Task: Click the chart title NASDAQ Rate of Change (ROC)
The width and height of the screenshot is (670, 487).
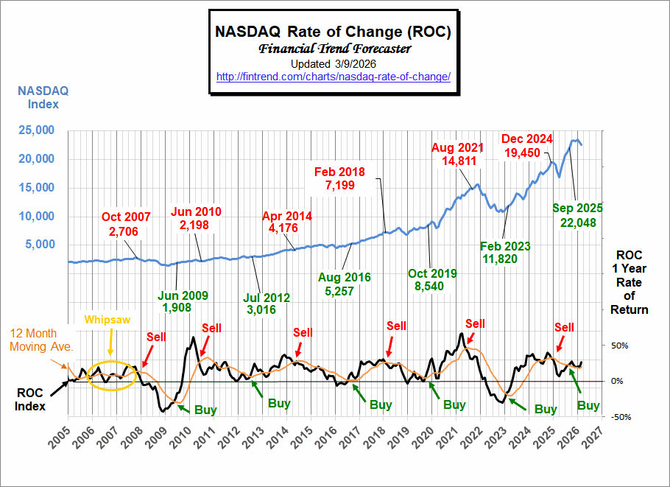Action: pyautogui.click(x=333, y=32)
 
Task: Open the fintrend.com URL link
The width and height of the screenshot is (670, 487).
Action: pyautogui.click(x=333, y=77)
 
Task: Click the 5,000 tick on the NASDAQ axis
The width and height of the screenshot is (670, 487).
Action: pyautogui.click(x=41, y=245)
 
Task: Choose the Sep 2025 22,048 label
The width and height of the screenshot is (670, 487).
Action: pyautogui.click(x=578, y=215)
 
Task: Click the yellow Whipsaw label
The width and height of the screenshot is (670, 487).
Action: pyautogui.click(x=107, y=320)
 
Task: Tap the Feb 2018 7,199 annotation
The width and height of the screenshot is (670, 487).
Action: pyautogui.click(x=339, y=178)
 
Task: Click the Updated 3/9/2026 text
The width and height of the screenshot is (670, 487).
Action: pyautogui.click(x=333, y=64)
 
